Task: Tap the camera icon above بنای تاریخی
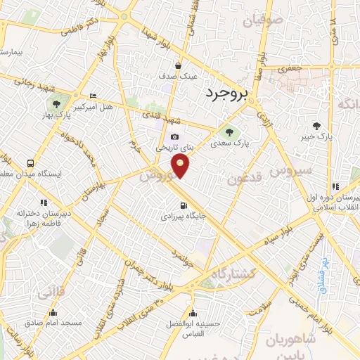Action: tap(174, 137)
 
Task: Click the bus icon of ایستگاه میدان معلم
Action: tap(30, 162)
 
